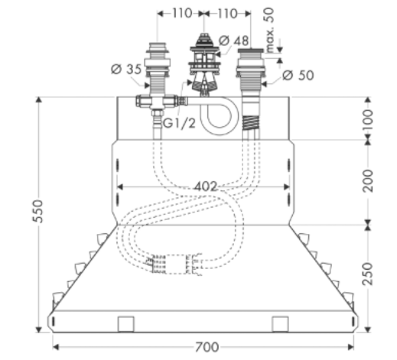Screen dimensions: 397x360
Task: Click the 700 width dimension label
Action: [x=207, y=347]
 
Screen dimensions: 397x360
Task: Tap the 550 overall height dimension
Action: [x=38, y=212]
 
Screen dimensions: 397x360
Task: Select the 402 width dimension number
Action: [x=206, y=186]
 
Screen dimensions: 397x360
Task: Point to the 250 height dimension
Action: [x=367, y=274]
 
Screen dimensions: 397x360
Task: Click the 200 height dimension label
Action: [x=367, y=181]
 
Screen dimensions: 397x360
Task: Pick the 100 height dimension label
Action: [x=367, y=120]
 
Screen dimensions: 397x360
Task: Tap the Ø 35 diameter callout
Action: [x=126, y=69]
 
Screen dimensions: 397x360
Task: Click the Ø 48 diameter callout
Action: [x=234, y=41]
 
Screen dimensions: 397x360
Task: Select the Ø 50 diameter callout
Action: [x=298, y=76]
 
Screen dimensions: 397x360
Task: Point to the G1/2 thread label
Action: [x=179, y=124]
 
